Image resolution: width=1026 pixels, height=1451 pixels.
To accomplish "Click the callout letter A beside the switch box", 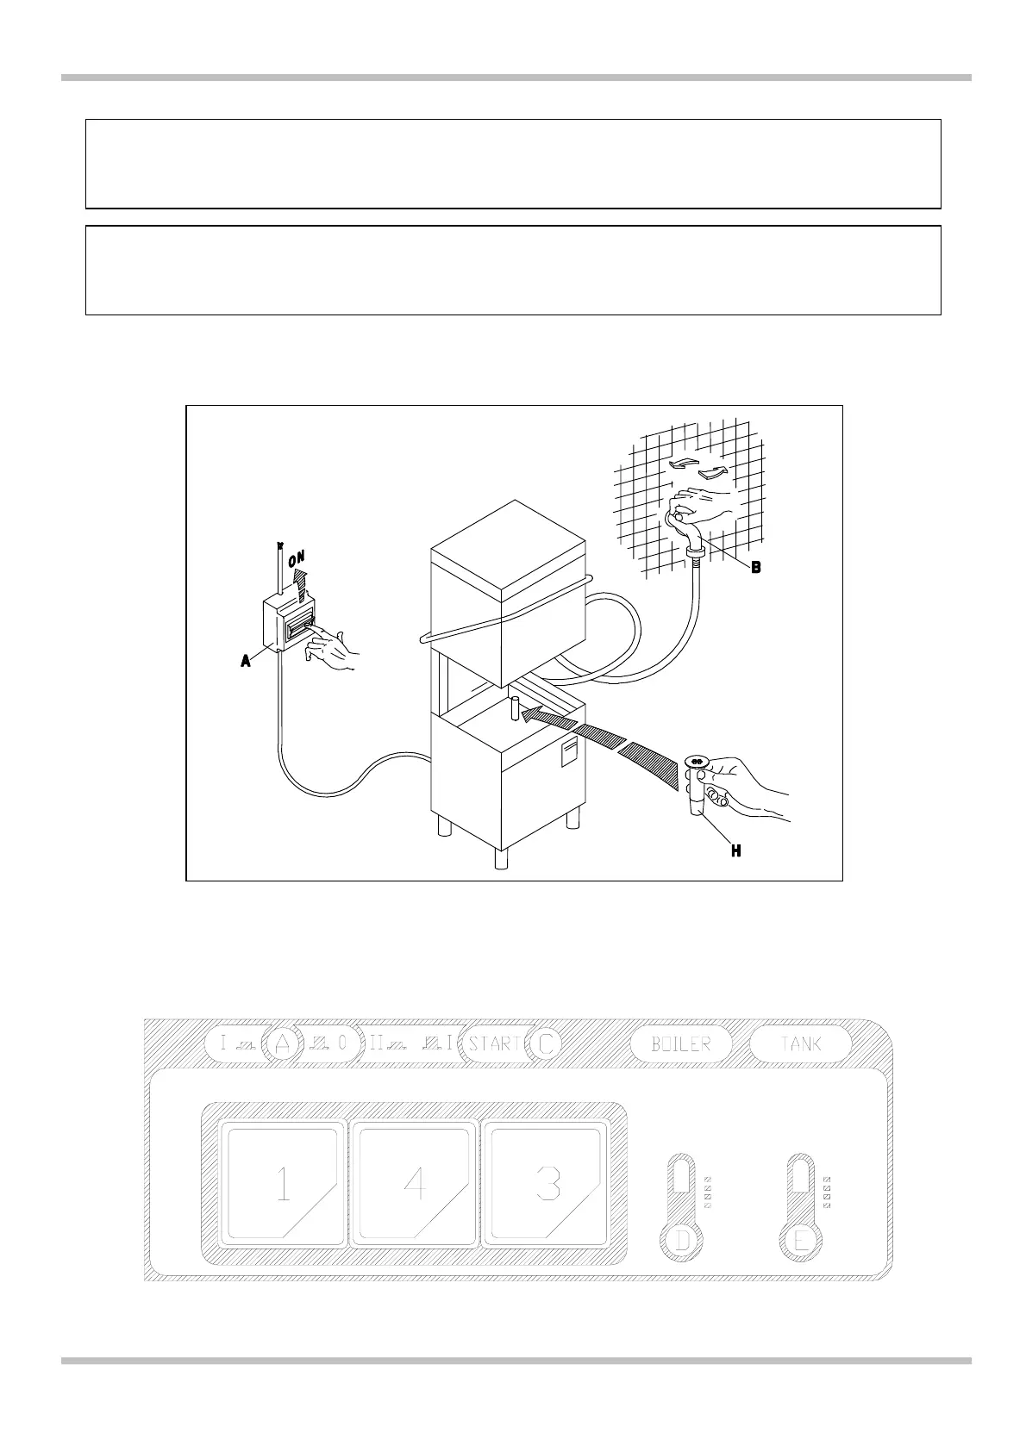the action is (246, 661).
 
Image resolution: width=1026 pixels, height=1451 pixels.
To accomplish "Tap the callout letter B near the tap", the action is (755, 568).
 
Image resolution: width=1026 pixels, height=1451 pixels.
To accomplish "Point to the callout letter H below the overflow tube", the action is (735, 850).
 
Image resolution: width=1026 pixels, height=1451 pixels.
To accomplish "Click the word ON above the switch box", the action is (297, 558).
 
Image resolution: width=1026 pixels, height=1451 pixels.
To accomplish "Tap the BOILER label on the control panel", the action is (681, 1043).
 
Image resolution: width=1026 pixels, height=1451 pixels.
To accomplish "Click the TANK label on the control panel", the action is (801, 1043).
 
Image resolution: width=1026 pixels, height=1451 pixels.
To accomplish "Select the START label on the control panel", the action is (495, 1043).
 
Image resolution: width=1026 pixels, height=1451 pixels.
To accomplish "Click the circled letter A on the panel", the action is (281, 1043).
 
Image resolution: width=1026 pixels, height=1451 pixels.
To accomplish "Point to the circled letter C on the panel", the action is (545, 1043).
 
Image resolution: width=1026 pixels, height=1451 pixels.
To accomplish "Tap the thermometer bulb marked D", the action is (682, 1242).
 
